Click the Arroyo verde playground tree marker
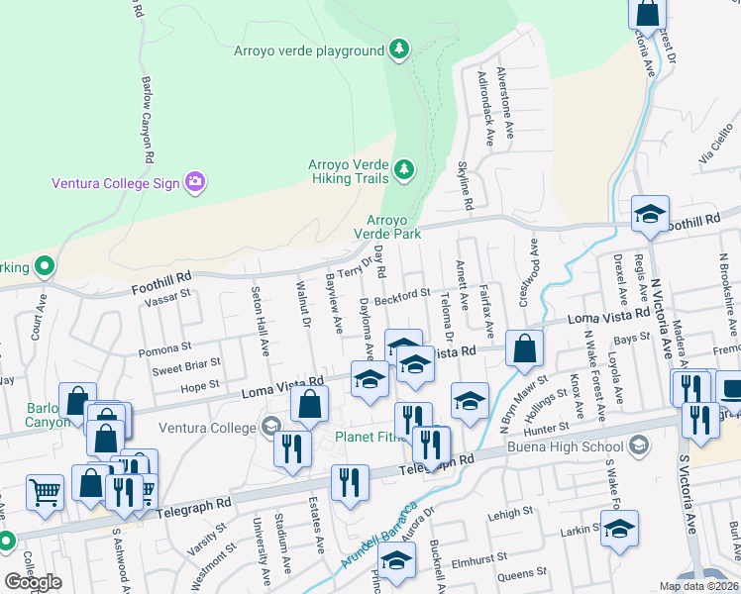(x=398, y=49)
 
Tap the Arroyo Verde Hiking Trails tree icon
(x=403, y=171)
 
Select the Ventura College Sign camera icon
(x=194, y=181)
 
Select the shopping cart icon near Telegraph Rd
(x=45, y=492)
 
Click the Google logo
(x=33, y=581)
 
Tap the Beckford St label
(x=403, y=294)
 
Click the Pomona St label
(x=164, y=348)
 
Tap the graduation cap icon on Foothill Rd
(x=651, y=213)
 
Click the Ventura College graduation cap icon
(x=268, y=428)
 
